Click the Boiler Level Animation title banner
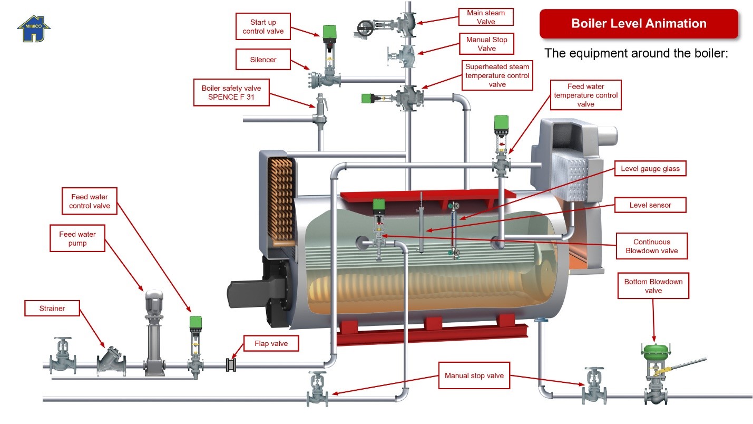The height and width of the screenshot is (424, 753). [639, 24]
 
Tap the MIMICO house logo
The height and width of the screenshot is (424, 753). [34, 29]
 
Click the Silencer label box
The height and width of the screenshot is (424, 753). [263, 60]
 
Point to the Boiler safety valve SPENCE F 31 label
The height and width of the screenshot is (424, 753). [231, 92]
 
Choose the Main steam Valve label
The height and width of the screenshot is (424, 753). [486, 17]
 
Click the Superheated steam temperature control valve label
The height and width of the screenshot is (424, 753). [497, 75]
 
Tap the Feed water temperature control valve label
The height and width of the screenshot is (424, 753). [585, 95]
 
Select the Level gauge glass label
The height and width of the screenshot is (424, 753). [650, 169]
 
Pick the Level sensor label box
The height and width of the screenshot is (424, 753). [650, 205]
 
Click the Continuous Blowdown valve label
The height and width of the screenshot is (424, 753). [652, 246]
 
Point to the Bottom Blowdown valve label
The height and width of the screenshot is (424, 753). [653, 286]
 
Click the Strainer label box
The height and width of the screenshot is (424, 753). [52, 309]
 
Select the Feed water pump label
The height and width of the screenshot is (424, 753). [77, 239]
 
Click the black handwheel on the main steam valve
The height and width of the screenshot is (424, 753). [365, 28]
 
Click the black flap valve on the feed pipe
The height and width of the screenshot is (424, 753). [231, 365]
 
